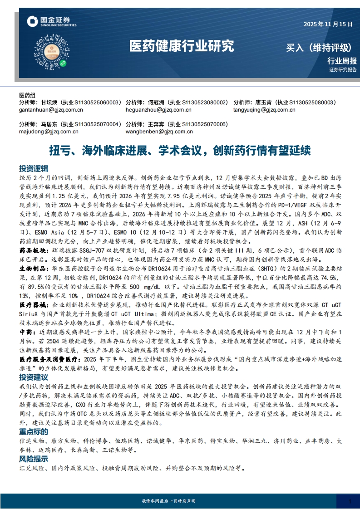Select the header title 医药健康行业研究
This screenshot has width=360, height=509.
point(182,45)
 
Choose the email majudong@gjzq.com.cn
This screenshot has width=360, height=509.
point(49,132)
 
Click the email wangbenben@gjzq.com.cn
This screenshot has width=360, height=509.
point(159,132)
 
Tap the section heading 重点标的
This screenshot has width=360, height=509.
point(34,431)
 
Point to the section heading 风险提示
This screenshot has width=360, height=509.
point(34,459)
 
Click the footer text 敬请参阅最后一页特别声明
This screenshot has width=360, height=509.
point(169,501)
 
